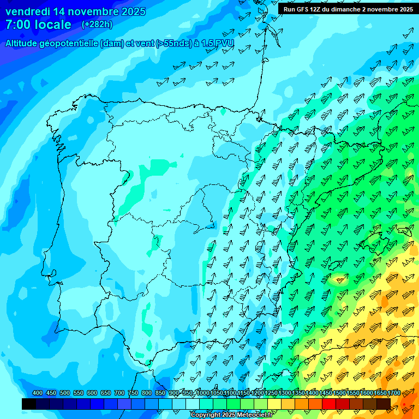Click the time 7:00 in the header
[18, 25]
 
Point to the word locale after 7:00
[54, 25]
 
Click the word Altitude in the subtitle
[23, 43]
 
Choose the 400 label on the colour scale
[38, 393]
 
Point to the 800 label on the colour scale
[147, 393]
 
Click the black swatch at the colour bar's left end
[29, 404]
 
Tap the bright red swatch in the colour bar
[329, 404]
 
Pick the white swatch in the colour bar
[193, 404]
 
